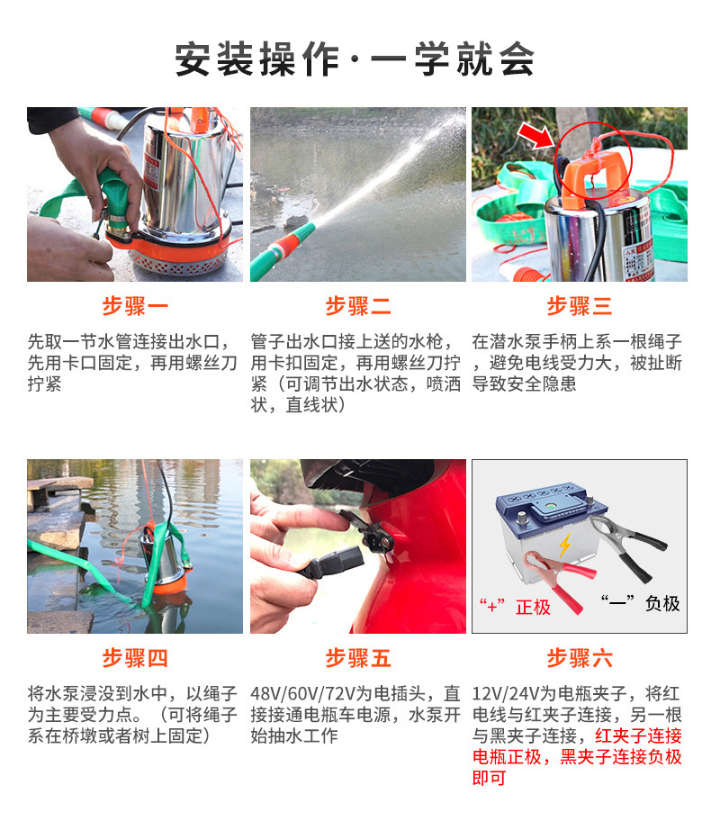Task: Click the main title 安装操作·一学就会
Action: click(x=355, y=59)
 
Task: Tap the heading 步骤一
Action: click(x=135, y=306)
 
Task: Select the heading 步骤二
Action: click(x=358, y=306)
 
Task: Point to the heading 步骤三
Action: click(x=580, y=306)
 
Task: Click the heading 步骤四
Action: click(x=135, y=658)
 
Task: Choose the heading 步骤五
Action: click(x=358, y=658)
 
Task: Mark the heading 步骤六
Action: click(x=580, y=658)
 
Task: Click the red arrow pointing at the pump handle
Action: click(x=535, y=137)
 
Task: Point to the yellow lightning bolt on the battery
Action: click(x=565, y=545)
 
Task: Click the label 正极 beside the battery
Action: click(x=533, y=607)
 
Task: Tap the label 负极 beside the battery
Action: click(x=662, y=603)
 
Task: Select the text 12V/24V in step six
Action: click(x=505, y=694)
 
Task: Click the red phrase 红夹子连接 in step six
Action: click(x=638, y=735)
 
